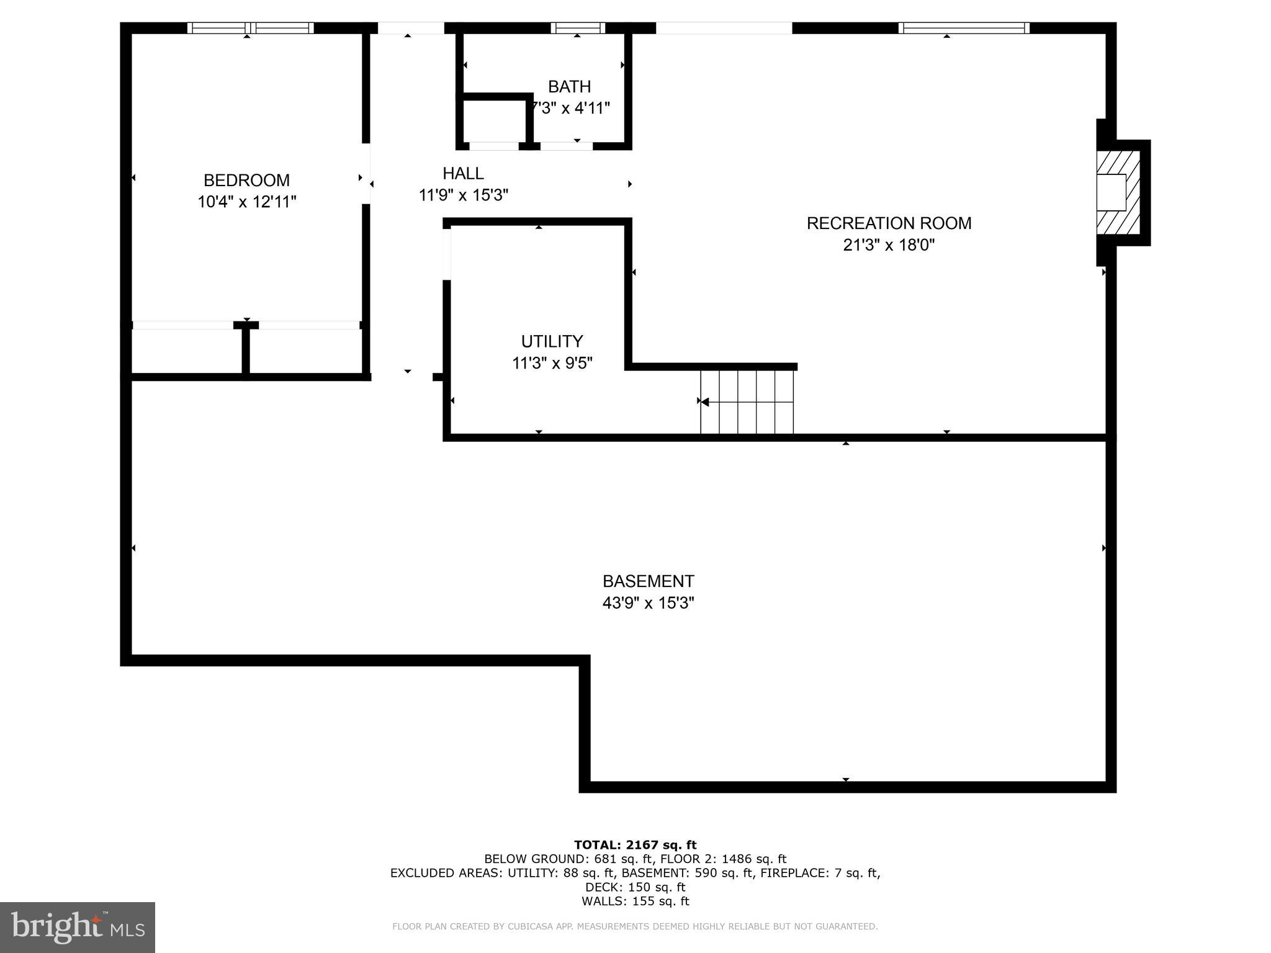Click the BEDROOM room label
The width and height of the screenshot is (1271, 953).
(x=246, y=181)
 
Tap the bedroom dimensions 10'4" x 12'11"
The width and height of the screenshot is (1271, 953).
(x=246, y=202)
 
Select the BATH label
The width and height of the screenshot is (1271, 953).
(x=569, y=87)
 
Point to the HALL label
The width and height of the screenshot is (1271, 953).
(x=463, y=174)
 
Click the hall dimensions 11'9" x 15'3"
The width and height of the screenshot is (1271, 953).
(x=463, y=195)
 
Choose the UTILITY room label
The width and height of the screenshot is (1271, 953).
(x=552, y=342)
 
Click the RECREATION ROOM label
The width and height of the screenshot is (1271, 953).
(x=889, y=223)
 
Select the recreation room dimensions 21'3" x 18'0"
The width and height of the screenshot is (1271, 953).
(x=889, y=245)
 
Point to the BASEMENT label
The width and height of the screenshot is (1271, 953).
(x=648, y=581)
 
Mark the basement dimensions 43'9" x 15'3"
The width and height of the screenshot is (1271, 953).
(x=648, y=603)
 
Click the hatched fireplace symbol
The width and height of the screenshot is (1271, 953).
(x=1118, y=192)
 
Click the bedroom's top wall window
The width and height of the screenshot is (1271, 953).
(x=250, y=28)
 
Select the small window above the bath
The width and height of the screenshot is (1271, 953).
(x=577, y=28)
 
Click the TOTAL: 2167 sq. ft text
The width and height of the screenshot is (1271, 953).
(x=635, y=845)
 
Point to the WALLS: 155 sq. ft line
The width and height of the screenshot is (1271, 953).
(x=635, y=902)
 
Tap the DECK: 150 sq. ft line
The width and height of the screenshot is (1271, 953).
(x=635, y=887)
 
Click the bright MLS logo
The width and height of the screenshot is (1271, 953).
(x=78, y=928)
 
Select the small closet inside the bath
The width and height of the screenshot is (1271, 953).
(x=495, y=121)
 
